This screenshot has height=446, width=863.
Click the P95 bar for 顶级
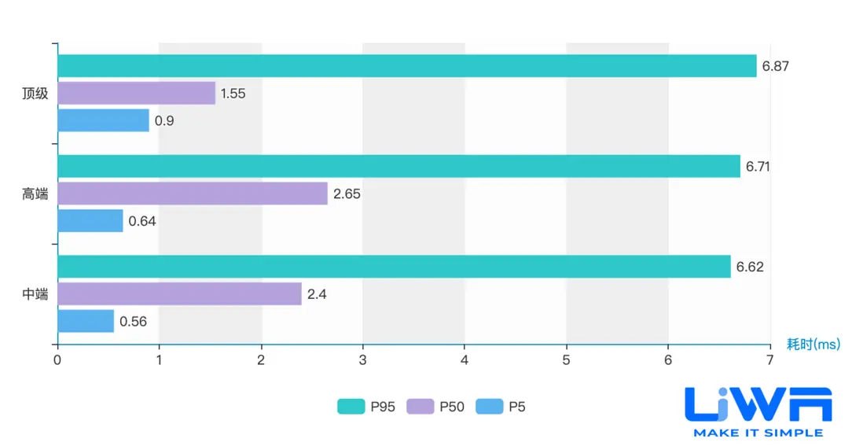406,66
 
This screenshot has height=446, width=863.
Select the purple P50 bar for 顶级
136,94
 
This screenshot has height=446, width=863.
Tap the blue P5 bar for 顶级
103,121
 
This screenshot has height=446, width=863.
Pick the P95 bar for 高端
398,166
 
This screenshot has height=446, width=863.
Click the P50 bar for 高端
192,194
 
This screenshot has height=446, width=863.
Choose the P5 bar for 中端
86,321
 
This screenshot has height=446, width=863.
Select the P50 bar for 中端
179,294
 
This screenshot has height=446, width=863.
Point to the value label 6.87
775,66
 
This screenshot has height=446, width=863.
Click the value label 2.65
347,194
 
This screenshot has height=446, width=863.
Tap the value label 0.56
133,321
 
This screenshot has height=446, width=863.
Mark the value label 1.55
233,94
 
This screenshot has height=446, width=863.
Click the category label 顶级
35,94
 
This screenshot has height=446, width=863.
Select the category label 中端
35,294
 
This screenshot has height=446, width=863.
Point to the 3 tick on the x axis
362,359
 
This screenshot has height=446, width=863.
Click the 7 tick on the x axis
769,359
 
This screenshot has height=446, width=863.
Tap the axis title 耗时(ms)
813,344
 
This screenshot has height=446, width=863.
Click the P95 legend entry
365,407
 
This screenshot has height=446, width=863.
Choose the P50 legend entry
435,407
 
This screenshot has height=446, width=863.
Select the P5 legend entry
501,407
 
